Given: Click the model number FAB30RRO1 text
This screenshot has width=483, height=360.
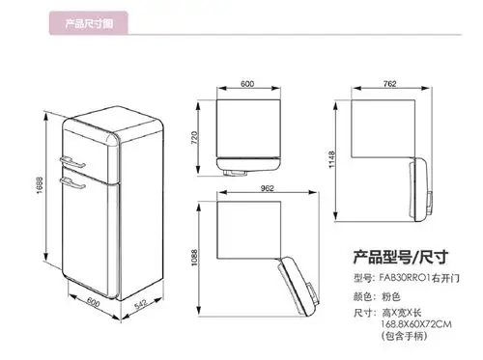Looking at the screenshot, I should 414,278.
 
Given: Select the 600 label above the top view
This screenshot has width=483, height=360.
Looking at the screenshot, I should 247,85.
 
